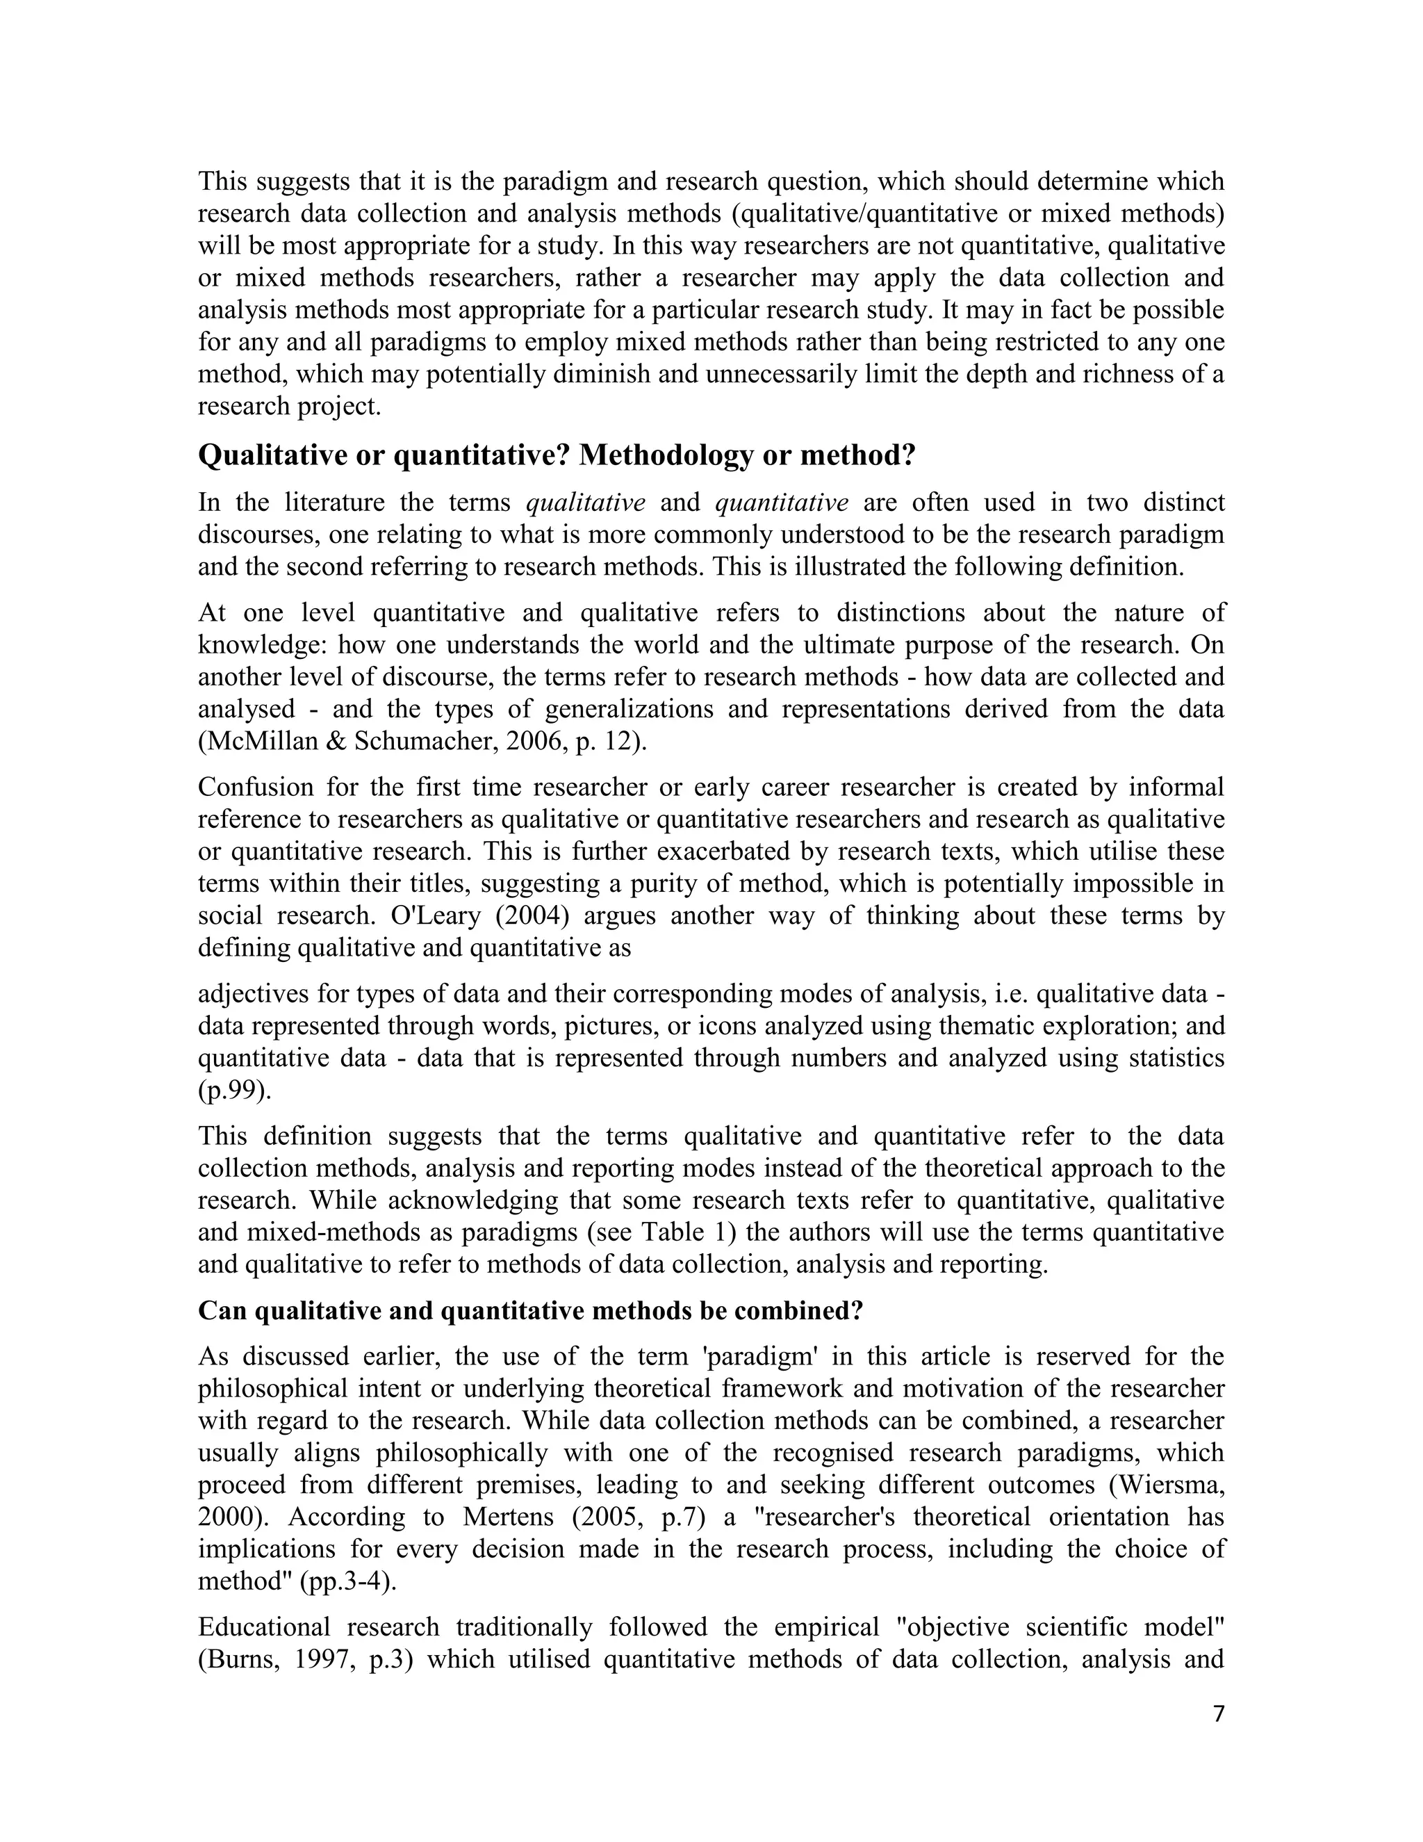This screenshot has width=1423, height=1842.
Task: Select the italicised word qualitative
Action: click(585, 503)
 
